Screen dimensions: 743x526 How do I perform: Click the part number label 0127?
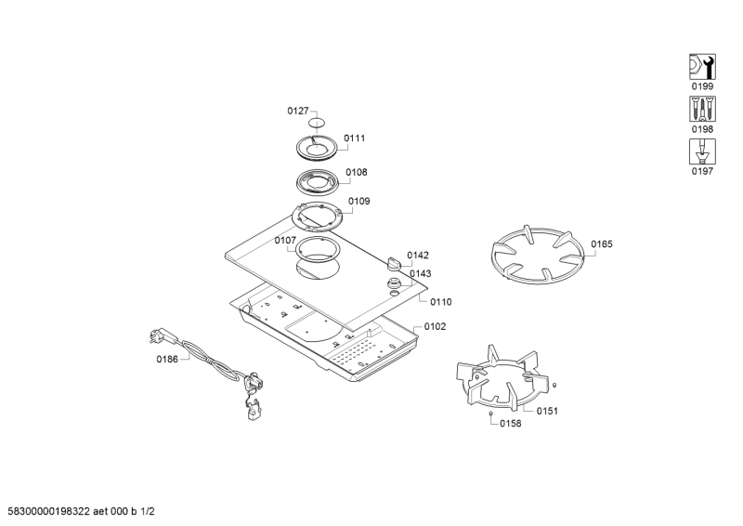pyautogui.click(x=298, y=111)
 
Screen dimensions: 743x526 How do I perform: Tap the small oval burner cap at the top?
pyautogui.click(x=317, y=123)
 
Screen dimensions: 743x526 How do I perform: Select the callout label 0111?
pyautogui.click(x=355, y=138)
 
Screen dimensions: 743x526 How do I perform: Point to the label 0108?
pyautogui.click(x=357, y=172)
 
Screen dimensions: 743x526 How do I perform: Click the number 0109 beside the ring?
pyautogui.click(x=359, y=201)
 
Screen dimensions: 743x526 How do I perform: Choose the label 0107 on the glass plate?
pyautogui.click(x=285, y=241)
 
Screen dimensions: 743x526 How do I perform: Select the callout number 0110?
pyautogui.click(x=441, y=302)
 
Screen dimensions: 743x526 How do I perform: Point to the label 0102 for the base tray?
pyautogui.click(x=435, y=326)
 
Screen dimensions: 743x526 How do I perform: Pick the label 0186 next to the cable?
pyautogui.click(x=167, y=359)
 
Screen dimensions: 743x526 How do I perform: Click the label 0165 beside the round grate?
pyautogui.click(x=602, y=243)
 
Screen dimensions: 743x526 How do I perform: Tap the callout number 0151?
pyautogui.click(x=547, y=411)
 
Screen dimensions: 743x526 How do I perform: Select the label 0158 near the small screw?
pyautogui.click(x=511, y=423)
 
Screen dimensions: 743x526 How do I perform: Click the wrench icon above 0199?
pyautogui.click(x=702, y=67)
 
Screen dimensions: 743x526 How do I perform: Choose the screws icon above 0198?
pyautogui.click(x=702, y=109)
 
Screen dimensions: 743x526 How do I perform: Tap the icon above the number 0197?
pyautogui.click(x=702, y=151)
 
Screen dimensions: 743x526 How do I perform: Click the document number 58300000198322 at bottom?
pyautogui.click(x=49, y=511)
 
